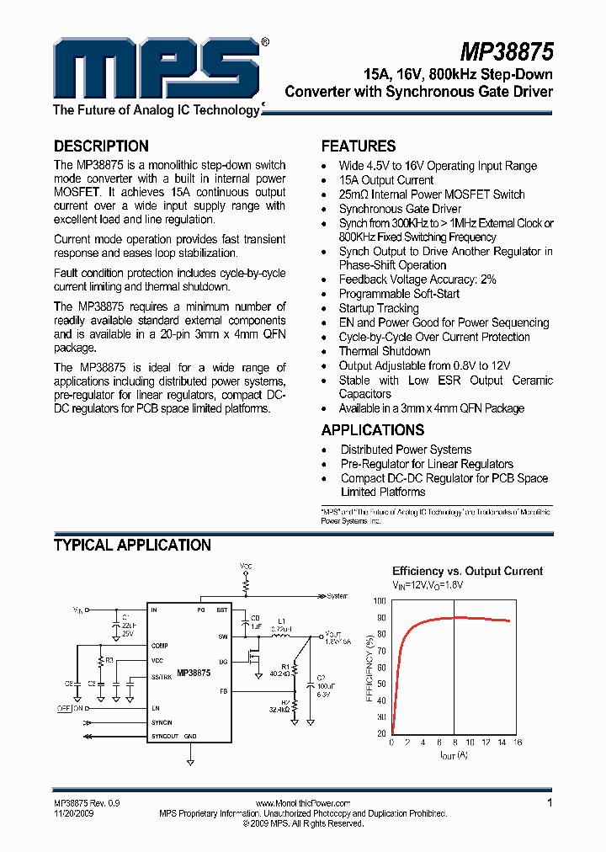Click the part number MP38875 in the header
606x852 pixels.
507,53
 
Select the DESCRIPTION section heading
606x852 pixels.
101,146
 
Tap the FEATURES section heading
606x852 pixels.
359,146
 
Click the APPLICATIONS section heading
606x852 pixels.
373,429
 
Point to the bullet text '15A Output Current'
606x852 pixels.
386,180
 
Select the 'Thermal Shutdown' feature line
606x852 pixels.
385,351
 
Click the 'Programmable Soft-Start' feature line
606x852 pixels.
399,294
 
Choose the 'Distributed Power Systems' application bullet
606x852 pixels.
406,450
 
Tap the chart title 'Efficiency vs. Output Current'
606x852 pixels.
467,571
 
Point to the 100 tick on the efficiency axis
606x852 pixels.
379,601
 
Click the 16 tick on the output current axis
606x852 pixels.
518,743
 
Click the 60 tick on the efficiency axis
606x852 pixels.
381,668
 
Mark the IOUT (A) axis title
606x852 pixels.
454,755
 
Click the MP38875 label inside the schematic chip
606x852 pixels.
194,674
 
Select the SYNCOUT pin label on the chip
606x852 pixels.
165,737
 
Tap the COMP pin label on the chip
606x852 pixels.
159,646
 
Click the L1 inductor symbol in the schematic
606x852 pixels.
284,637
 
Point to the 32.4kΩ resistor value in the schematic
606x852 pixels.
279,710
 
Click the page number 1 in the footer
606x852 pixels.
550,803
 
